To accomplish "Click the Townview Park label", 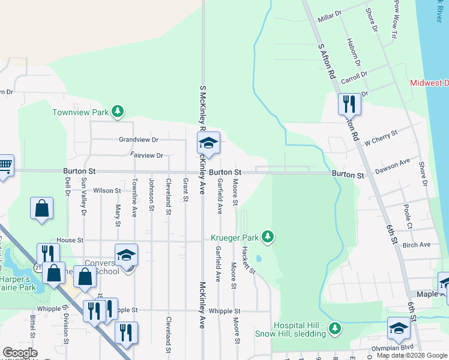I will [79, 112].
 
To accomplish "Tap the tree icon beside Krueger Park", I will [268, 238].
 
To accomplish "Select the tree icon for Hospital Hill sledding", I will [336, 328].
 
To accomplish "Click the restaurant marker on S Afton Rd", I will [349, 104].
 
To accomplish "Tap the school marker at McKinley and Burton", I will [208, 143].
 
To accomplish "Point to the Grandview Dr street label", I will [138, 139].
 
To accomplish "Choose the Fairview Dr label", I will [146, 155].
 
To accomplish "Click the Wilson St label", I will [107, 191].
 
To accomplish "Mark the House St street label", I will [70, 240].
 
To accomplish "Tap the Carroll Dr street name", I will [354, 77].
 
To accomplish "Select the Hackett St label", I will [249, 259].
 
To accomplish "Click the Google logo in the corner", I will [19, 353].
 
